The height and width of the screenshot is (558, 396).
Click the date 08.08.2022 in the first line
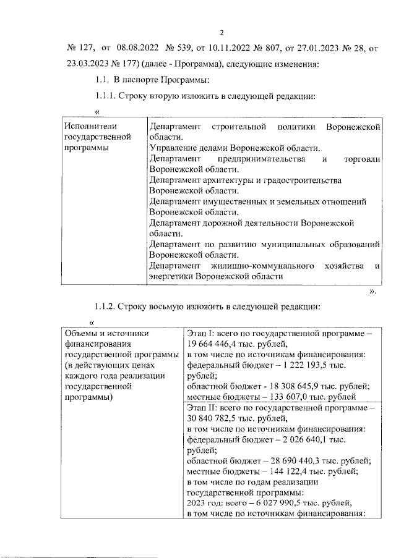[137, 48]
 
